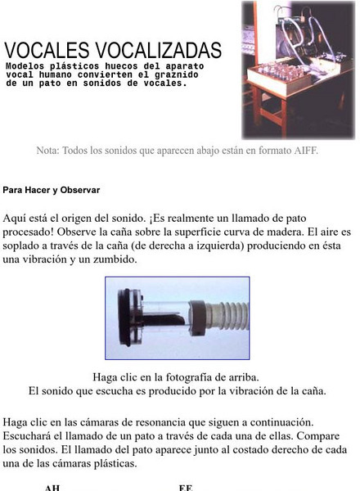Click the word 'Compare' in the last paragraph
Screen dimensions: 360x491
coord(314,435)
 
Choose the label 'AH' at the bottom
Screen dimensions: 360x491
coord(52,488)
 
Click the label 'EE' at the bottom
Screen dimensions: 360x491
coord(186,488)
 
